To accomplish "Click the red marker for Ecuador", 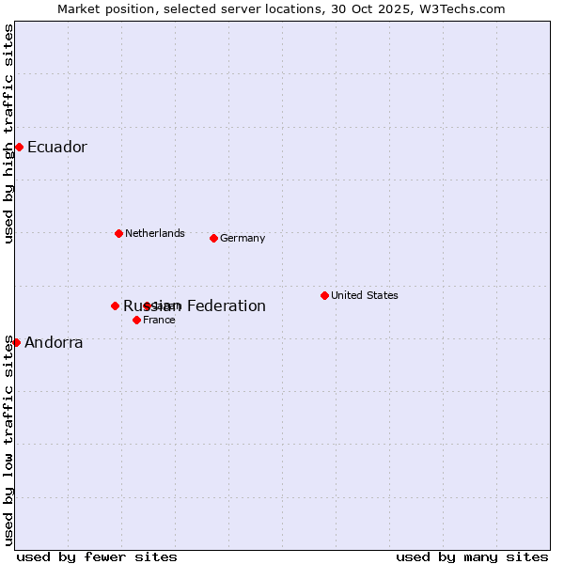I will click(19, 147).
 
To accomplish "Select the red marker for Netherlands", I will click(118, 233).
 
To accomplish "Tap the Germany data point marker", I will click(213, 238).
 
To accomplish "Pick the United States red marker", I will click(324, 295).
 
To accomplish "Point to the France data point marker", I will click(136, 320).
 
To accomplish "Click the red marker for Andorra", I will click(16, 342).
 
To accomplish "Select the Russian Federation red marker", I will click(115, 305).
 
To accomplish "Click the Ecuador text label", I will click(56, 147).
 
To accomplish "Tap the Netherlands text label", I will click(154, 233).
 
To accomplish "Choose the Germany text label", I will click(243, 238).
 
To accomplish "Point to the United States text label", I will click(364, 295).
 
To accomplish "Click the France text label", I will click(159, 320).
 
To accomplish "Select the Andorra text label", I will click(54, 342).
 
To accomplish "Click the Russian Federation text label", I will click(195, 305).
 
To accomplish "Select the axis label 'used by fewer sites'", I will click(97, 556).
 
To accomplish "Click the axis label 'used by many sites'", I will click(472, 556).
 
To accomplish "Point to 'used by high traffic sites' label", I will click(8, 133).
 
